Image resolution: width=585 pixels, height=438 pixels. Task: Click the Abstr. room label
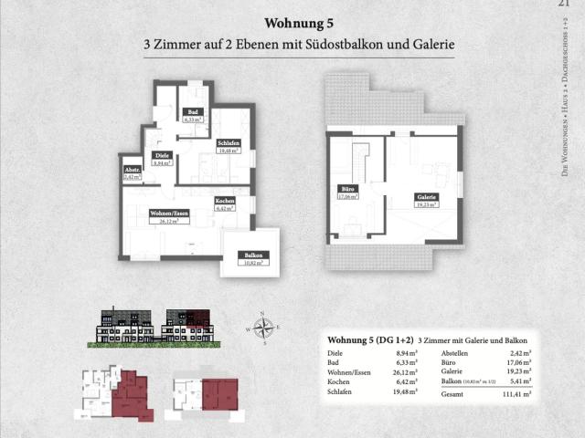tap(132, 173)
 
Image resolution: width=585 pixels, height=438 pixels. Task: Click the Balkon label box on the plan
tap(250, 258)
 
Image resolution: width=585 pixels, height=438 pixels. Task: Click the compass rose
tap(264, 326)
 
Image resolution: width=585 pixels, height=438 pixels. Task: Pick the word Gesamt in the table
tap(452, 394)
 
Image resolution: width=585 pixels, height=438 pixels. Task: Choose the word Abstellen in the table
tap(456, 352)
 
